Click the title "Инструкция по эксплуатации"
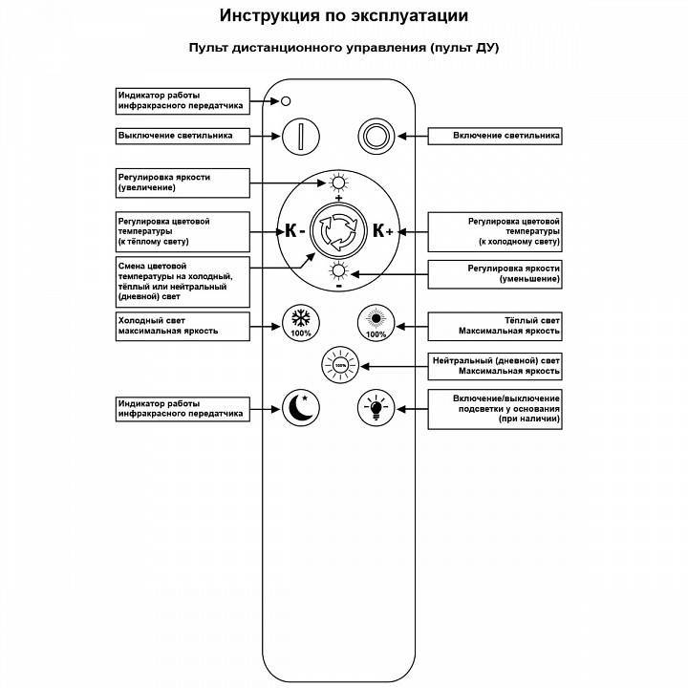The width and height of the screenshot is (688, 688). pyautogui.click(x=344, y=16)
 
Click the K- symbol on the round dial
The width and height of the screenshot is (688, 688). pyautogui.click(x=294, y=230)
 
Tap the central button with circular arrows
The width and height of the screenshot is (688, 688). pyautogui.click(x=338, y=230)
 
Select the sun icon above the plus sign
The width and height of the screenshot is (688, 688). pyautogui.click(x=338, y=183)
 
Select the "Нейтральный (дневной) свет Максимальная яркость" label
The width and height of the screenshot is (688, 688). pyautogui.click(x=493, y=365)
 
